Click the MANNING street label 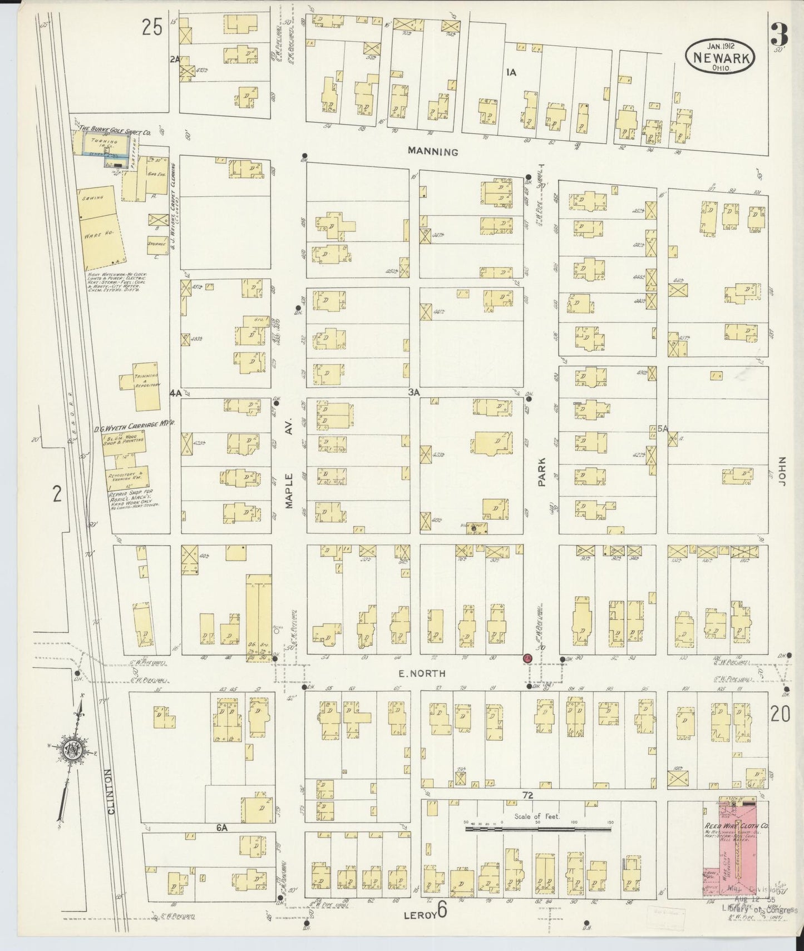coord(432,151)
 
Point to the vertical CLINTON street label coord(111,791)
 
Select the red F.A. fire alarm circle coord(526,658)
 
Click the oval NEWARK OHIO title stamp coord(720,57)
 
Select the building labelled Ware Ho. coord(100,235)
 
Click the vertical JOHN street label coord(782,472)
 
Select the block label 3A coord(413,392)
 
